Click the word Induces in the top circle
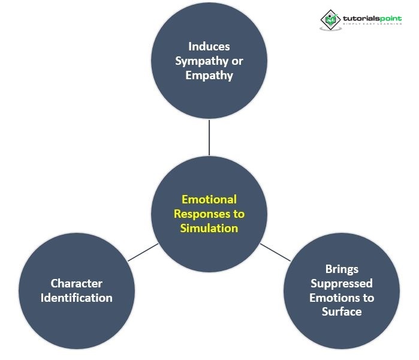click(209, 46)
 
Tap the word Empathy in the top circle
click(209, 76)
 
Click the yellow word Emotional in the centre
click(209, 199)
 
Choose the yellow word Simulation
click(209, 228)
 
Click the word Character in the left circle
click(76, 283)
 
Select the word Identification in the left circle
click(76, 298)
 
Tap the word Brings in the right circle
click(341, 269)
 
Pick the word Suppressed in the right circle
click(341, 283)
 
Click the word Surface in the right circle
click(341, 312)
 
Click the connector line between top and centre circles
click(209, 137)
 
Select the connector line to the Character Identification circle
click(143, 252)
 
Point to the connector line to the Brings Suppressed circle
click(275, 252)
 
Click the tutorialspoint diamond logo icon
click(330, 19)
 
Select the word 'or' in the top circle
click(237, 61)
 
